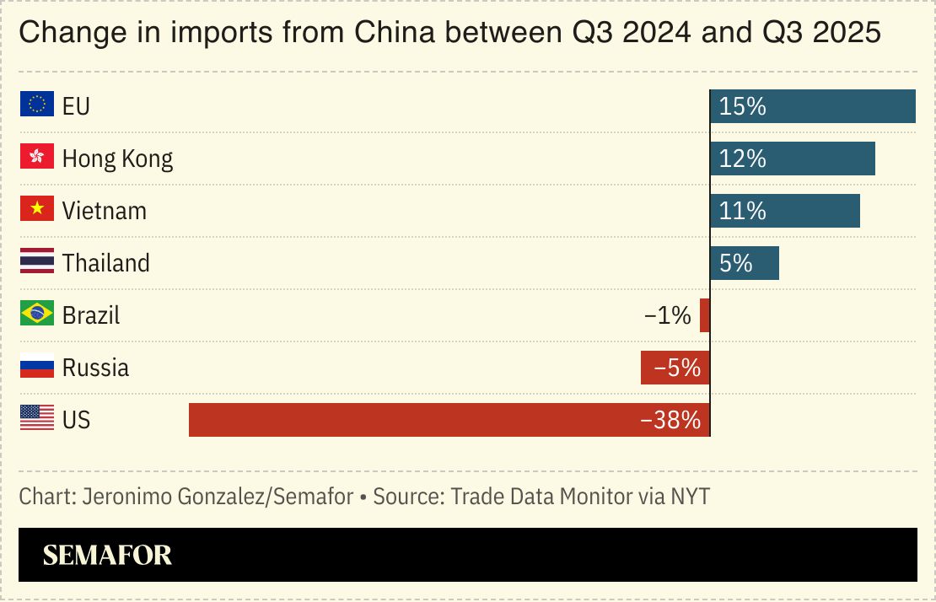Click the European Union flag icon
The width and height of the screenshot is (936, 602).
[x=37, y=105]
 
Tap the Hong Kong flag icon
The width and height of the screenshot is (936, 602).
[x=37, y=158]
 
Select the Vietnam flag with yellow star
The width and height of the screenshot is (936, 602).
[x=37, y=210]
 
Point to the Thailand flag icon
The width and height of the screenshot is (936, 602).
[x=37, y=262]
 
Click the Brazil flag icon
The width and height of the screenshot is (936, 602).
[x=37, y=314]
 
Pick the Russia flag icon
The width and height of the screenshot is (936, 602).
[x=37, y=367]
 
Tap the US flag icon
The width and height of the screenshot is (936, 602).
[x=37, y=419]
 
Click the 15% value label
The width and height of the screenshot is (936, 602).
[x=743, y=106]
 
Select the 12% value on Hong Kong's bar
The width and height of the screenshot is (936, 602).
[x=743, y=159]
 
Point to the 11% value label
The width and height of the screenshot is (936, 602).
[x=743, y=211]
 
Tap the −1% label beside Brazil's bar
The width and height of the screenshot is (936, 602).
[x=667, y=315]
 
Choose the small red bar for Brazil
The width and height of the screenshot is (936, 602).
[x=705, y=315]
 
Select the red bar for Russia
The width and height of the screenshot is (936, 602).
[x=675, y=368]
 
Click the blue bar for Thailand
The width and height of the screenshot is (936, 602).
[x=745, y=263]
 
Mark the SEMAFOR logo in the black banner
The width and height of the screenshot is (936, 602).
[x=107, y=555]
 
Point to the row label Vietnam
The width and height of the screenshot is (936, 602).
[x=104, y=211]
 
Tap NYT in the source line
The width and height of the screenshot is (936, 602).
[x=690, y=497]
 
